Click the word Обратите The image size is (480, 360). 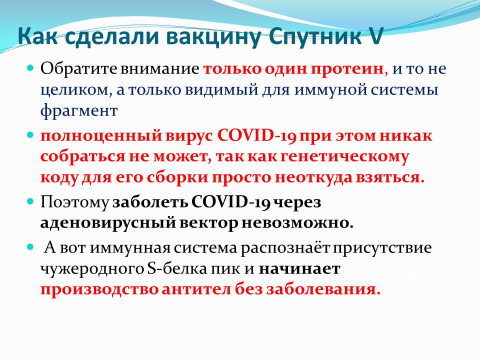pos(78,69)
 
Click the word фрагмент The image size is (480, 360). pos(79,111)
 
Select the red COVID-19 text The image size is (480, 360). pos(256,135)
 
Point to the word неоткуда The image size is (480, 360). pos(313,178)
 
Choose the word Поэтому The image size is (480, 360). pos(74,202)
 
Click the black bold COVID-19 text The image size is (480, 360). pos(231,202)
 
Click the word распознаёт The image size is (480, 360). pos(284,248)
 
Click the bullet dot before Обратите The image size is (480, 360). pos(30,67)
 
